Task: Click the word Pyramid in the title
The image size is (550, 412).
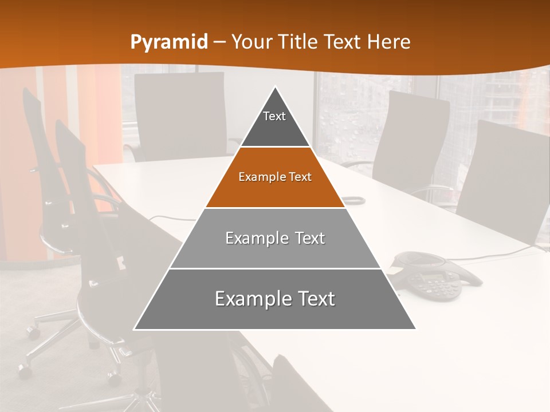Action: pos(169,42)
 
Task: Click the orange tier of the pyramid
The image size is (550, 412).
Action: pos(275,186)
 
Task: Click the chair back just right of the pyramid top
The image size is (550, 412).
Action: pos(410,137)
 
